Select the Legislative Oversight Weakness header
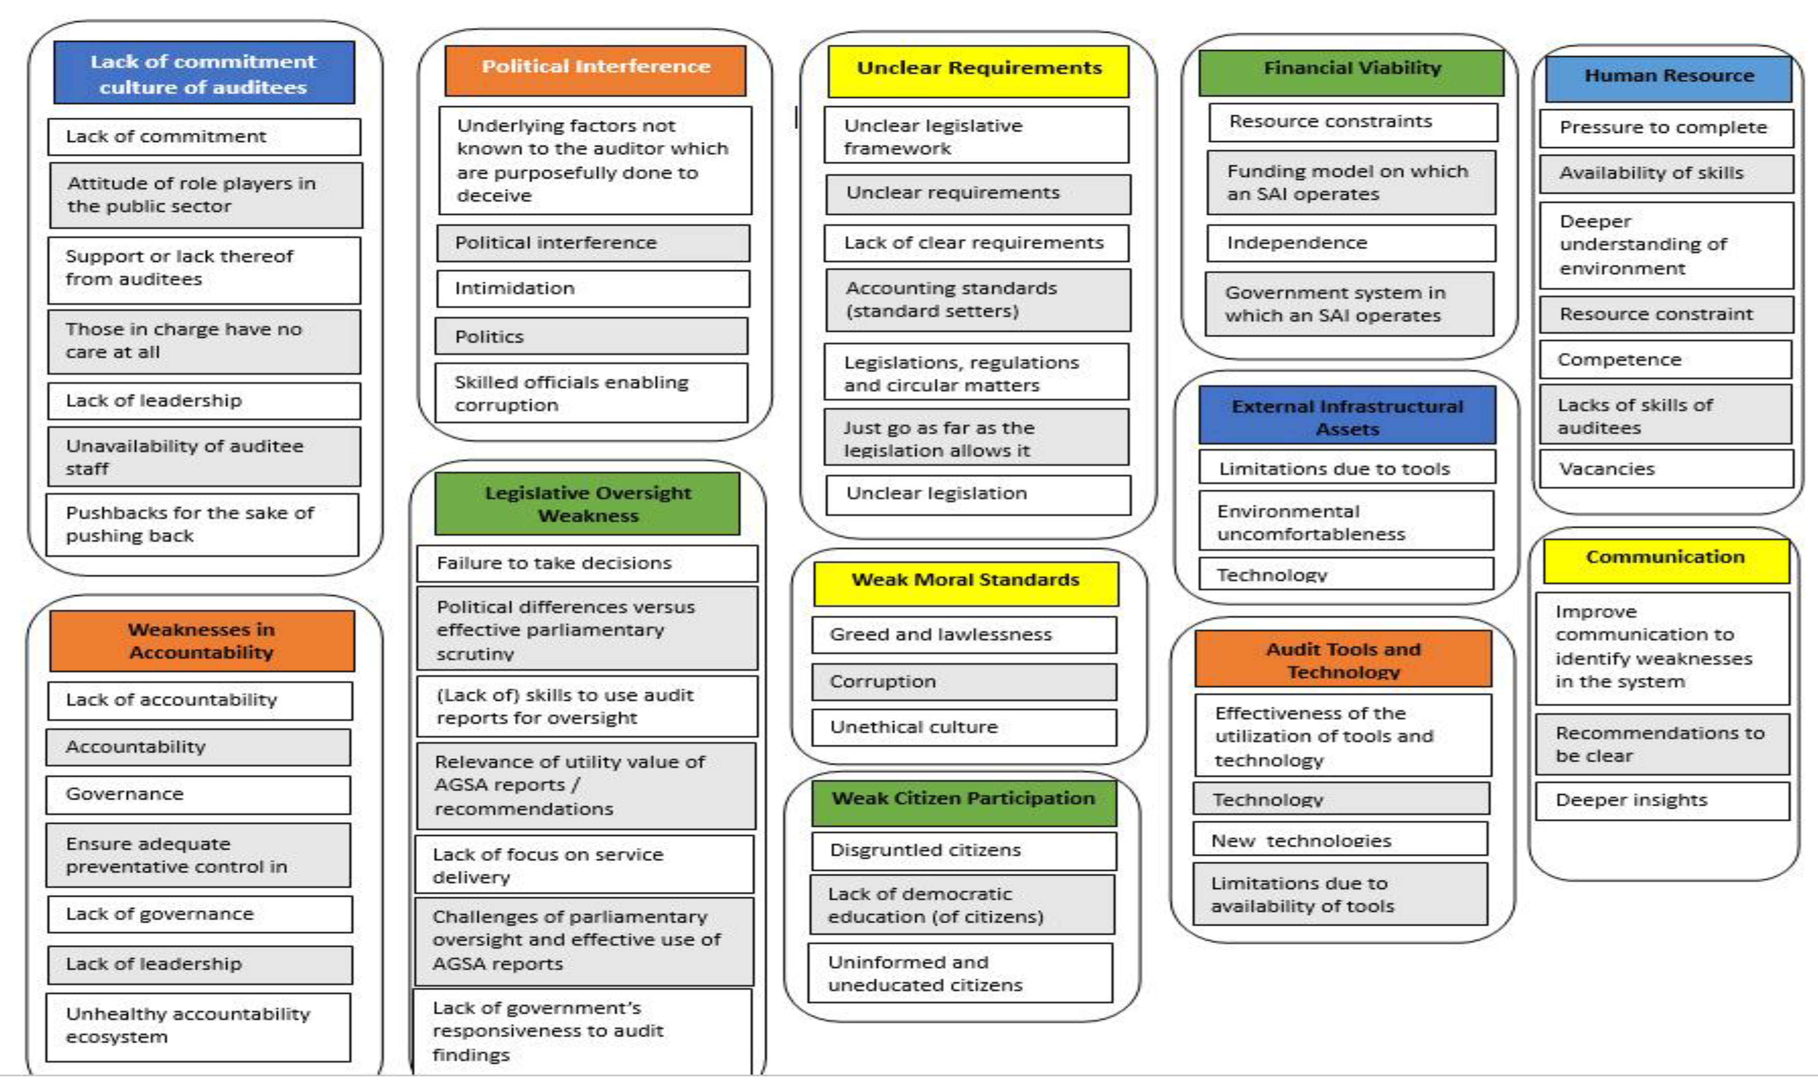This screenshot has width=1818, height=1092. point(587,503)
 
